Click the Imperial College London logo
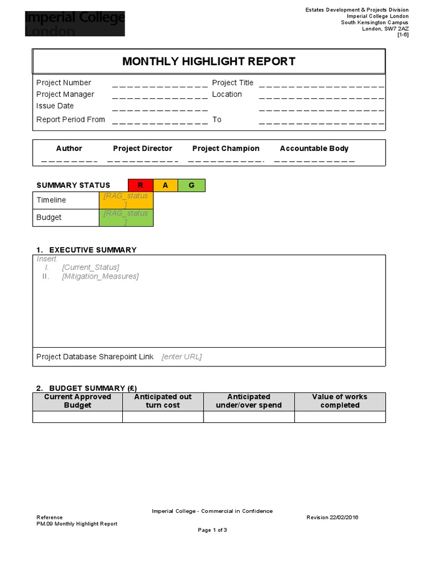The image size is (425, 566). point(75,24)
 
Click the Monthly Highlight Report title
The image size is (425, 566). point(209,61)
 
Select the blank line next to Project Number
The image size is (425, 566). point(159,85)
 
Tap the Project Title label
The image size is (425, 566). point(232,83)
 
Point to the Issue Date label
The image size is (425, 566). point(55,106)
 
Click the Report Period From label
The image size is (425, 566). point(70,119)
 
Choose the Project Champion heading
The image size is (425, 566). point(226,149)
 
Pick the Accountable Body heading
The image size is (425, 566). point(314,149)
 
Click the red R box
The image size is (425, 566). point(141,186)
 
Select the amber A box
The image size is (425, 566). point(165,186)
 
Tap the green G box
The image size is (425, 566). point(191,186)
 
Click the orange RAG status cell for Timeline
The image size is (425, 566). point(126,200)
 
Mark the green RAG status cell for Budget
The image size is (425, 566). point(126,217)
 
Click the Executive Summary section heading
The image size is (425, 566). point(92,250)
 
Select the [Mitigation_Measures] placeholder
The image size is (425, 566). point(100,276)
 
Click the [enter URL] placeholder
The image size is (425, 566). point(182,357)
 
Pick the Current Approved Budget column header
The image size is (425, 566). point(77,401)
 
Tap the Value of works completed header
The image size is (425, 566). point(339,401)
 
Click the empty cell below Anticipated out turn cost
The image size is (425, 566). point(163,417)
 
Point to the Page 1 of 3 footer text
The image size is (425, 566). point(212,530)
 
